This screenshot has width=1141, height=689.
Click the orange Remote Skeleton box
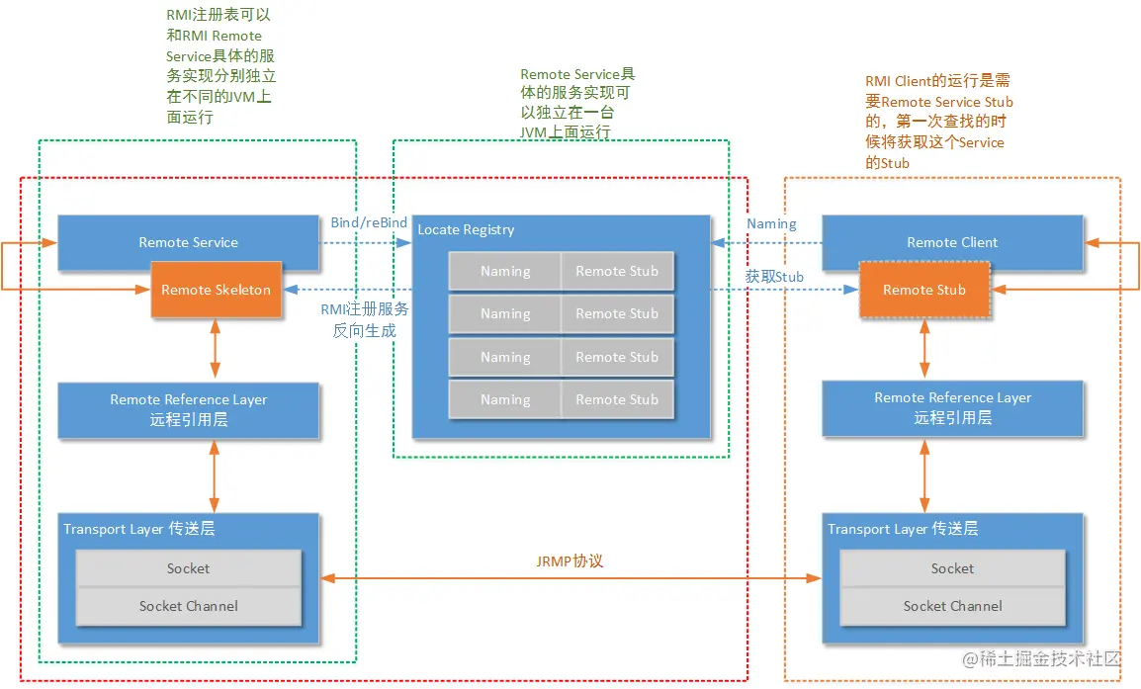tap(216, 290)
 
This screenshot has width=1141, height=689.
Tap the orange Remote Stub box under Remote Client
tap(923, 290)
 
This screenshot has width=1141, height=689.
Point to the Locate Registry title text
tap(466, 229)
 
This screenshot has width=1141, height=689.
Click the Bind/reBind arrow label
tap(368, 222)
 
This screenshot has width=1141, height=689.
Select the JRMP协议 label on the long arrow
tap(570, 560)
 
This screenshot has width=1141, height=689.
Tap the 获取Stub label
tap(774, 277)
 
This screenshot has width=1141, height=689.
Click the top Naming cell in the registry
tap(505, 271)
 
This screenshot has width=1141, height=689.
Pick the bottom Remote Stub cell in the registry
tap(617, 399)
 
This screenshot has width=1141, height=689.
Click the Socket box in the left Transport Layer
tap(188, 568)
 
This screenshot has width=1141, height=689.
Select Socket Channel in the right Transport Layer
tap(952, 606)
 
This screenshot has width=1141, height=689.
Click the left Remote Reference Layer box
tap(188, 409)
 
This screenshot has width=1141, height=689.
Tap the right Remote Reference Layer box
tap(952, 407)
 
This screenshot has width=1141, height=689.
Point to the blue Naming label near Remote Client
tap(771, 223)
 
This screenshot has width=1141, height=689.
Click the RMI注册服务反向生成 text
tap(365, 319)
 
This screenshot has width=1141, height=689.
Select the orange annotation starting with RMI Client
tap(938, 122)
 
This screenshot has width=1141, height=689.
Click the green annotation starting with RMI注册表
tap(220, 66)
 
